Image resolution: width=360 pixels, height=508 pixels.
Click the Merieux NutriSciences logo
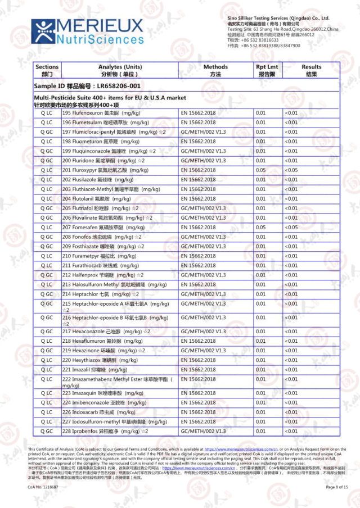(88, 31)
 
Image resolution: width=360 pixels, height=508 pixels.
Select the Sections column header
(47, 70)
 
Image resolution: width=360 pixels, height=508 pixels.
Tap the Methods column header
(215, 70)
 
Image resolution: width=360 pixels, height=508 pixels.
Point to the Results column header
(311, 70)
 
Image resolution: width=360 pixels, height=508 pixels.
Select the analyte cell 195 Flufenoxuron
(101, 113)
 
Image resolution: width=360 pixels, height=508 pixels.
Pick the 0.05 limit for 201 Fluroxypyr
(260, 170)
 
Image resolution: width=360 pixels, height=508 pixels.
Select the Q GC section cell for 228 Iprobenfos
(47, 431)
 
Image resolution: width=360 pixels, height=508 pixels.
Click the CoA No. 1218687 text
(43, 487)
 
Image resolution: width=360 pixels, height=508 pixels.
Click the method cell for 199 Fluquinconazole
(203, 151)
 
